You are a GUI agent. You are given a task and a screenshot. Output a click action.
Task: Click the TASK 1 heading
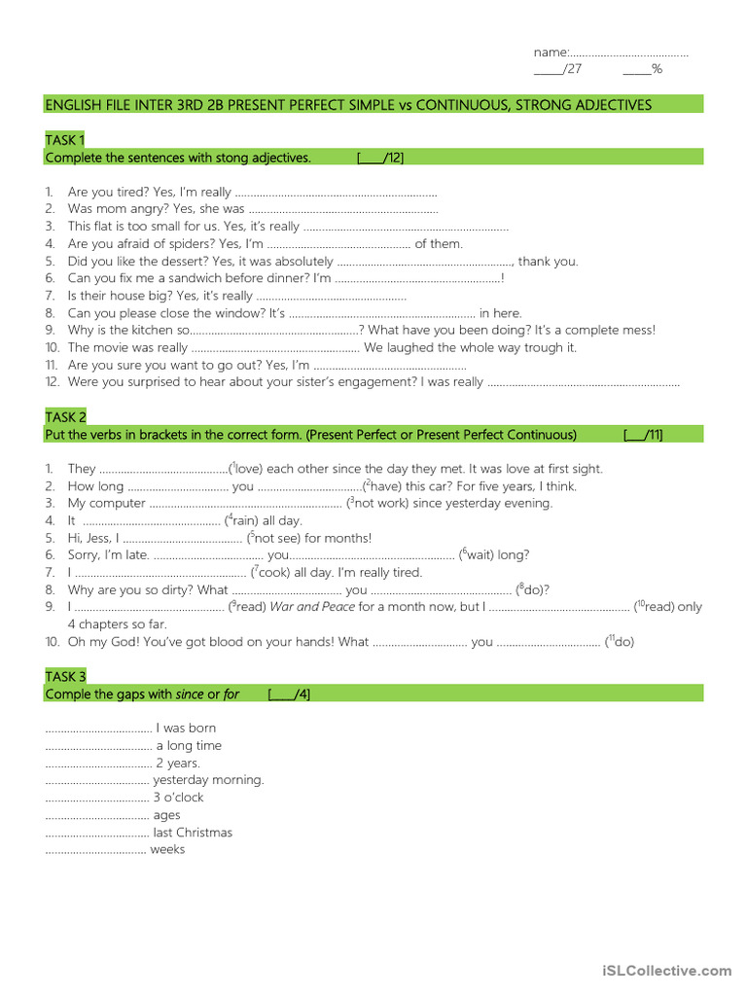(x=65, y=139)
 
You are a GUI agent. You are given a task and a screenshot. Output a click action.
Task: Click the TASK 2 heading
(x=65, y=416)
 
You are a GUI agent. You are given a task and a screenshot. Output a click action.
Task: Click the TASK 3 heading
(x=65, y=676)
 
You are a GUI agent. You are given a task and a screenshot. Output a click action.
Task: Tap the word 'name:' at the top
(x=551, y=52)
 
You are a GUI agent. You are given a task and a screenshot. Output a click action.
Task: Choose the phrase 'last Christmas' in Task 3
(x=193, y=833)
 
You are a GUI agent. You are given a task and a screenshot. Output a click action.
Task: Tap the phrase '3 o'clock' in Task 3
(x=178, y=798)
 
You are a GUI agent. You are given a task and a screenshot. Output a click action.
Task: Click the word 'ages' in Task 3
(x=166, y=815)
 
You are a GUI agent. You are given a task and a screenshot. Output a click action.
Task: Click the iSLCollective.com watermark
(x=666, y=971)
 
